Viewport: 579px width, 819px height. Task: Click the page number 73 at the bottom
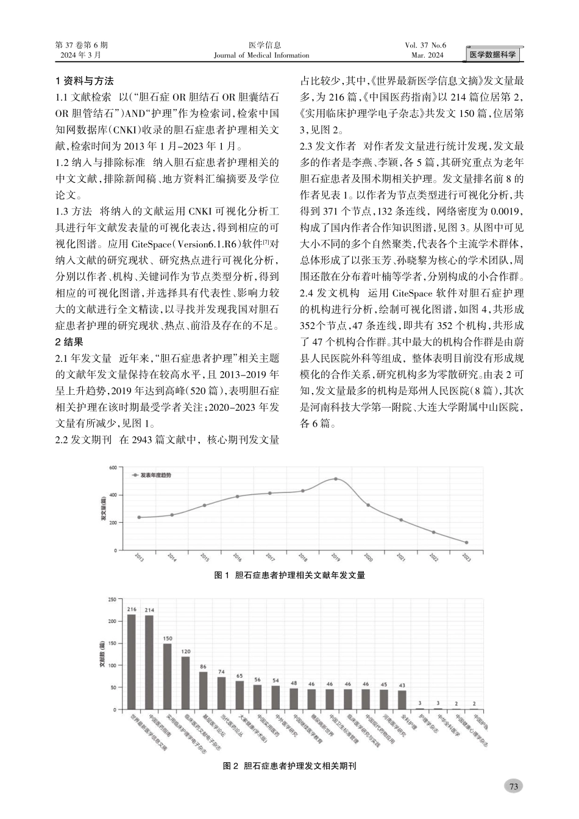point(513,786)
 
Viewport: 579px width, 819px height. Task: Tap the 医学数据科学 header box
point(492,55)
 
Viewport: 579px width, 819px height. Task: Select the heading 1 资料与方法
point(84,81)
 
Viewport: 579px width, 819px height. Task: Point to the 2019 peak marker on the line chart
point(335,479)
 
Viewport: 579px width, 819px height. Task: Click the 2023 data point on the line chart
point(467,542)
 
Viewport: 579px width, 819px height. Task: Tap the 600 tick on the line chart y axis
point(112,467)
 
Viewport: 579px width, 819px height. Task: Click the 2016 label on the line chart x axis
point(237,557)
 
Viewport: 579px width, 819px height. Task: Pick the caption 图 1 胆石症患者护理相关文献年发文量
point(290,575)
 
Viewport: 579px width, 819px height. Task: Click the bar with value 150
point(167,676)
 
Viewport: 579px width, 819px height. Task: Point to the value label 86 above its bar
point(203,667)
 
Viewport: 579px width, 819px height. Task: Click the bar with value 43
point(402,700)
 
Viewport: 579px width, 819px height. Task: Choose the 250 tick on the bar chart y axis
point(112,600)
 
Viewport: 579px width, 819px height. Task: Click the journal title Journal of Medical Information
point(261,55)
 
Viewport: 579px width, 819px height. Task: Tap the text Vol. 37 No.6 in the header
point(425,45)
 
